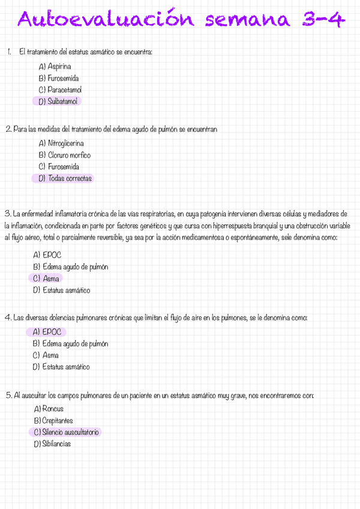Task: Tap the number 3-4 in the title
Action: [x=323, y=21]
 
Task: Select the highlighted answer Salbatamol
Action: [x=59, y=101]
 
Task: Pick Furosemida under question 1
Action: [x=59, y=78]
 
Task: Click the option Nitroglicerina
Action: [x=61, y=143]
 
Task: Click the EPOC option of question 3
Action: [x=47, y=254]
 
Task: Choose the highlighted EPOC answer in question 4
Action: [x=47, y=332]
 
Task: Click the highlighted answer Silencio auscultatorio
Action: [x=67, y=432]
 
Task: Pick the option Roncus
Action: [x=49, y=409]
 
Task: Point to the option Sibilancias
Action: [x=53, y=444]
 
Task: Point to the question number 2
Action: [x=7, y=129]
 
